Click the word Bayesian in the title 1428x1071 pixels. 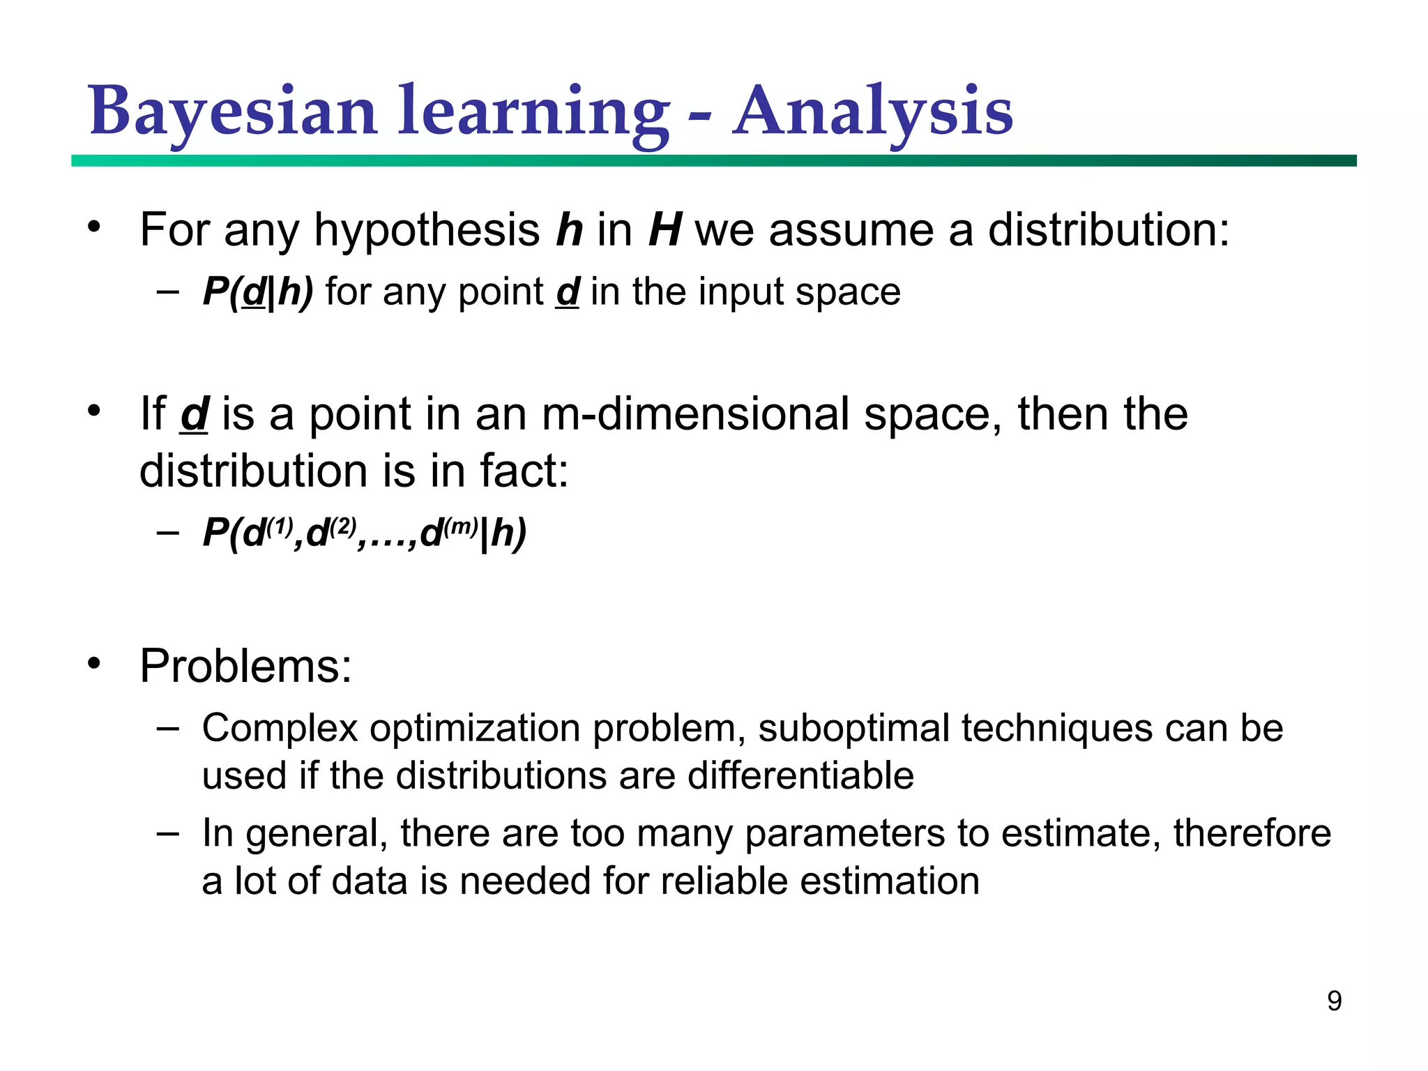click(233, 112)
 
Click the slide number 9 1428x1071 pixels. click(1334, 1001)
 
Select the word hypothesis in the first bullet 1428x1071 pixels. click(427, 230)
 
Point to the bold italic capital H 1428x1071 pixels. click(664, 230)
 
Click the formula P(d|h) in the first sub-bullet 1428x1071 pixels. click(257, 291)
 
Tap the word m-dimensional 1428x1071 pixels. click(694, 414)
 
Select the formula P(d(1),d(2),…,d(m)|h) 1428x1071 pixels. click(364, 533)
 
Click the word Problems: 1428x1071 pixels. click(245, 666)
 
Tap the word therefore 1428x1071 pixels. click(1252, 833)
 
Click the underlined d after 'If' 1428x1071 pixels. click(195, 414)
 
